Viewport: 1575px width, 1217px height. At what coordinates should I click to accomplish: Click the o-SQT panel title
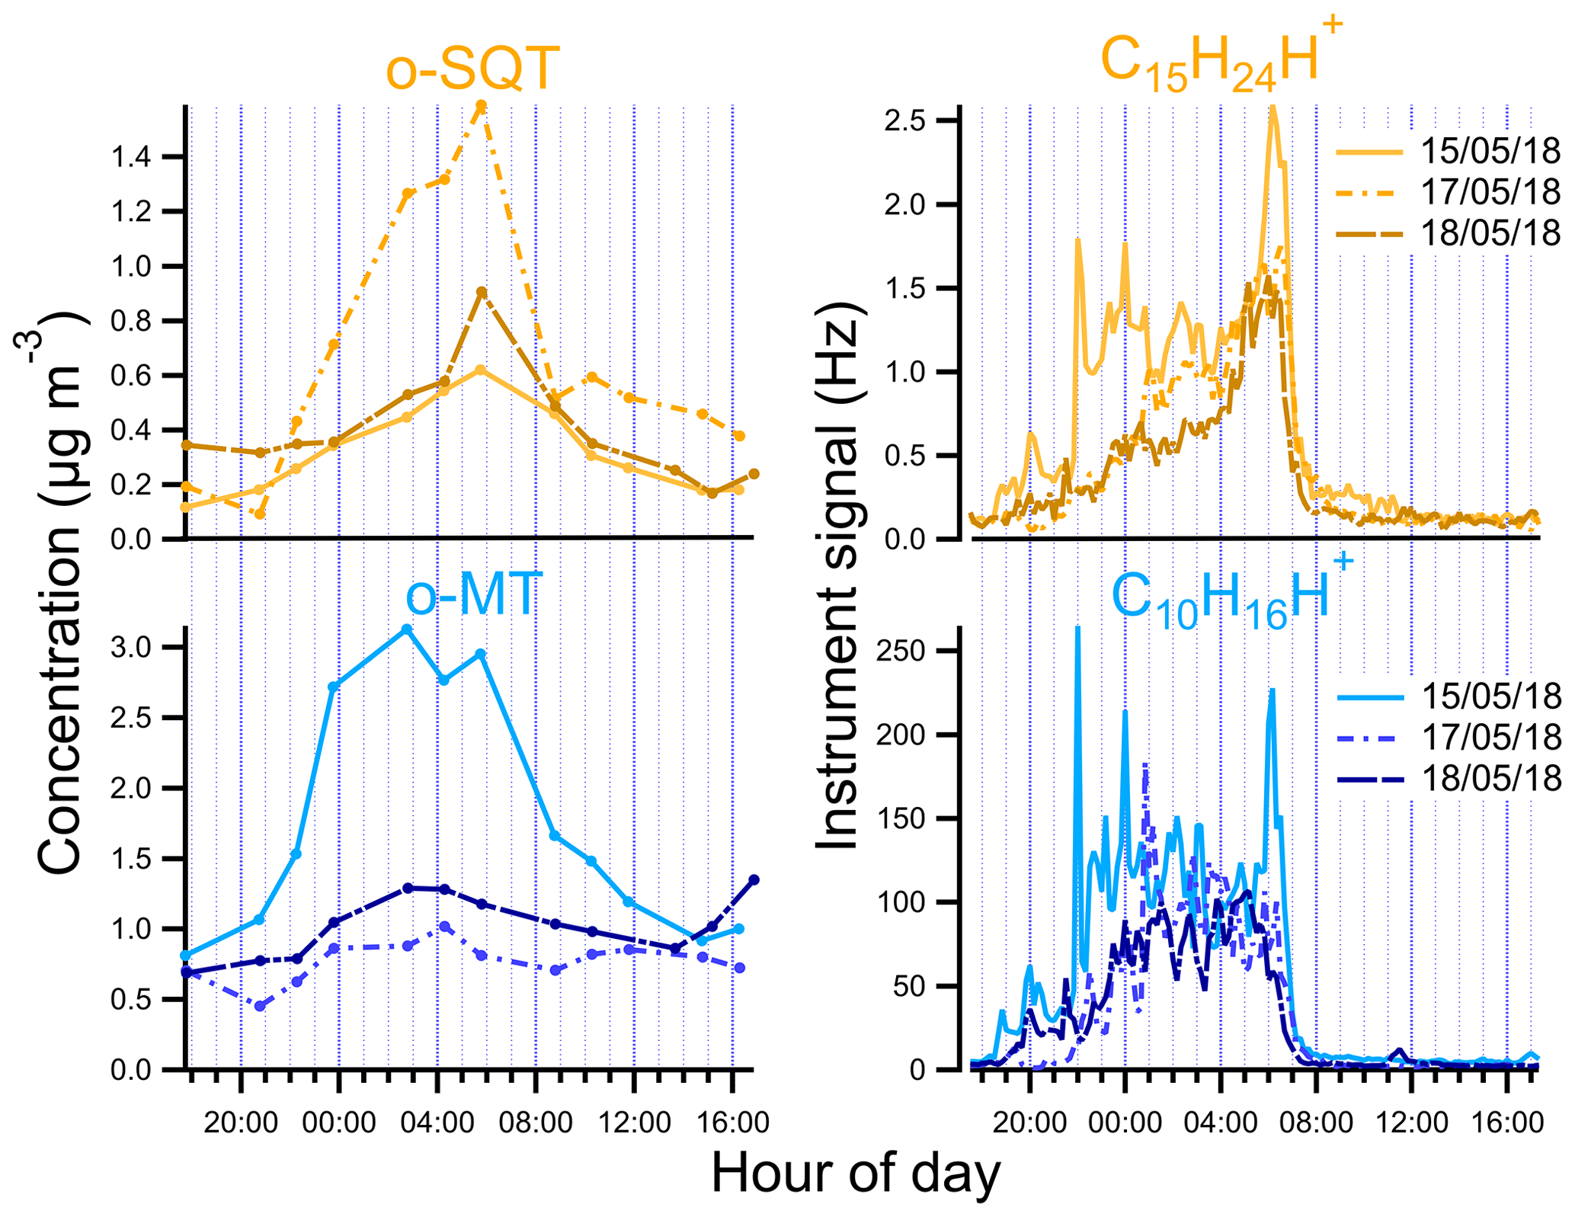tap(472, 69)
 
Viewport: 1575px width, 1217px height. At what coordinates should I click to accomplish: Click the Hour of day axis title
tap(856, 1174)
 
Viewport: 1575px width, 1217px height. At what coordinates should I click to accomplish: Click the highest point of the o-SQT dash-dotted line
tap(481, 105)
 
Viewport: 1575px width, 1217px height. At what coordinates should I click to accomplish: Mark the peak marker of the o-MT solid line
tap(407, 629)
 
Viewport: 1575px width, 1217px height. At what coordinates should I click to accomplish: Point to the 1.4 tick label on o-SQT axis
tap(132, 158)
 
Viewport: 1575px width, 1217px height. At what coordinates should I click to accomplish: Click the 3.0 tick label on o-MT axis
tap(132, 648)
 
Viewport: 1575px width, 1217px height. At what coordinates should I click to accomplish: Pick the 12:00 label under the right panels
tap(1412, 1123)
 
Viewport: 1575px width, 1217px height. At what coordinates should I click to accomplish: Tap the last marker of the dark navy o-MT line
tap(754, 880)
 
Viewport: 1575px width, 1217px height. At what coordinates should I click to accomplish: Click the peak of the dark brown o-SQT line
tap(481, 292)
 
